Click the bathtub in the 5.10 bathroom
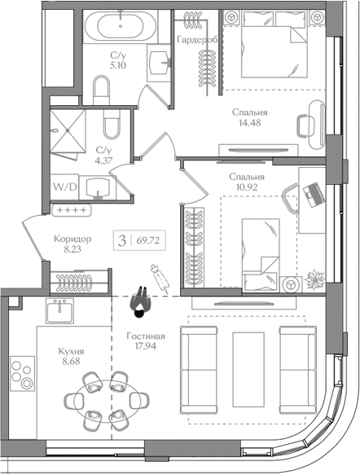[121, 26]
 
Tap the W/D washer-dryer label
[65, 187]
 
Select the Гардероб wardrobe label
[197, 39]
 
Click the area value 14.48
[250, 123]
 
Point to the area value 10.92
[247, 187]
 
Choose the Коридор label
[72, 239]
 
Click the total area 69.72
[148, 240]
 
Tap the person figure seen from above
[140, 302]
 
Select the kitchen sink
[60, 310]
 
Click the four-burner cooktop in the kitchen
[22, 373]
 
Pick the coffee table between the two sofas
[248, 370]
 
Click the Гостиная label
[146, 336]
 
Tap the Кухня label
[71, 351]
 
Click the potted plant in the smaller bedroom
[315, 279]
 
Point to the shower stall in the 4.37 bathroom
[68, 130]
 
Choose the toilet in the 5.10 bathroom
[102, 90]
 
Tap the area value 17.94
[146, 346]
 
